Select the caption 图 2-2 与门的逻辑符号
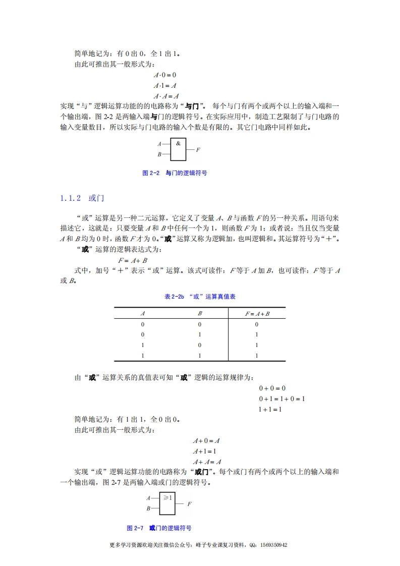pyautogui.click(x=175, y=173)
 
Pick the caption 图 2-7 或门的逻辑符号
pyautogui.click(x=159, y=528)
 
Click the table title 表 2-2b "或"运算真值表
pyautogui.click(x=200, y=297)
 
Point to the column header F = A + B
pyautogui.click(x=257, y=313)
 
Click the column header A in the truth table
pyautogui.click(x=143, y=313)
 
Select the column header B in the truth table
pyautogui.click(x=200, y=313)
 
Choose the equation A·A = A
pyautogui.click(x=166, y=96)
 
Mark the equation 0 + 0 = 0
pyautogui.click(x=272, y=388)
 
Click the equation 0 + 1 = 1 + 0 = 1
pyautogui.click(x=282, y=399)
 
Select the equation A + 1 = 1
pyautogui.click(x=205, y=451)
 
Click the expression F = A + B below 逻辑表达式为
pyautogui.click(x=133, y=260)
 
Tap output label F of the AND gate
pyautogui.click(x=198, y=150)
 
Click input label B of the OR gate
pyautogui.click(x=148, y=508)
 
